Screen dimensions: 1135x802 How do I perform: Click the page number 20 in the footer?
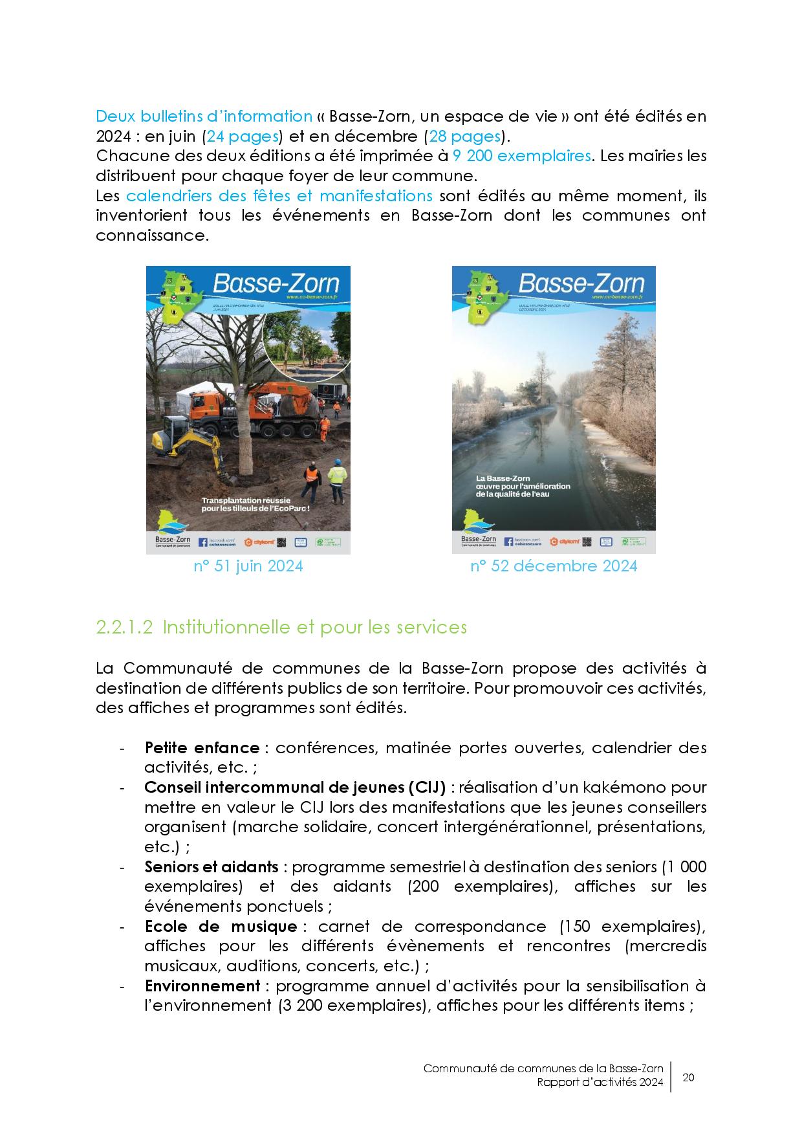688,1077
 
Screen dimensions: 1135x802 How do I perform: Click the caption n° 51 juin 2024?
248,566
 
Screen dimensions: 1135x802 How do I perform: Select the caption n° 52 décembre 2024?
554,566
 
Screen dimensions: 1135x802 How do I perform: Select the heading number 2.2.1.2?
124,627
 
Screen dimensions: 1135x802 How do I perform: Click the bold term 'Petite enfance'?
202,748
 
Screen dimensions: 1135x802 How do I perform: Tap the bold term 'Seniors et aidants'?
211,866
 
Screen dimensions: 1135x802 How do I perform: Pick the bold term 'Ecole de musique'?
221,926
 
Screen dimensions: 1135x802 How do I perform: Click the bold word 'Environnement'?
202,986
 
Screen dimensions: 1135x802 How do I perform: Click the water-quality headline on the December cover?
523,486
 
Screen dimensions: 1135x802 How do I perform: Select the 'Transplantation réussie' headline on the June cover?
255,505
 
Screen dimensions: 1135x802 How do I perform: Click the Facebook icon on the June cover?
202,542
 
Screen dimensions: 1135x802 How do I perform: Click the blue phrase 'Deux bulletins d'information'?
204,116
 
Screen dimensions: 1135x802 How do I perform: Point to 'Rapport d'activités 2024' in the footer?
600,1085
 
